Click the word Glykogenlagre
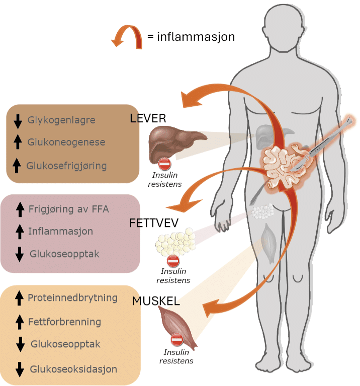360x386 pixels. click(61, 120)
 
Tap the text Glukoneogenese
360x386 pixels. click(66, 142)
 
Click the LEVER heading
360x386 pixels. click(148, 119)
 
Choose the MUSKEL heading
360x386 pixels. click(156, 301)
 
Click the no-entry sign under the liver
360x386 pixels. click(165, 164)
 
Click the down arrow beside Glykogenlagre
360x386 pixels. click(18, 121)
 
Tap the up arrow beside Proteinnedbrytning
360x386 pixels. click(20, 298)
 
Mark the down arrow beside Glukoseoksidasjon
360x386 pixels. click(20, 369)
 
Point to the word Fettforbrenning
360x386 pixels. click(65, 322)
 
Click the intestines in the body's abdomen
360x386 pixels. click(280, 164)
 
